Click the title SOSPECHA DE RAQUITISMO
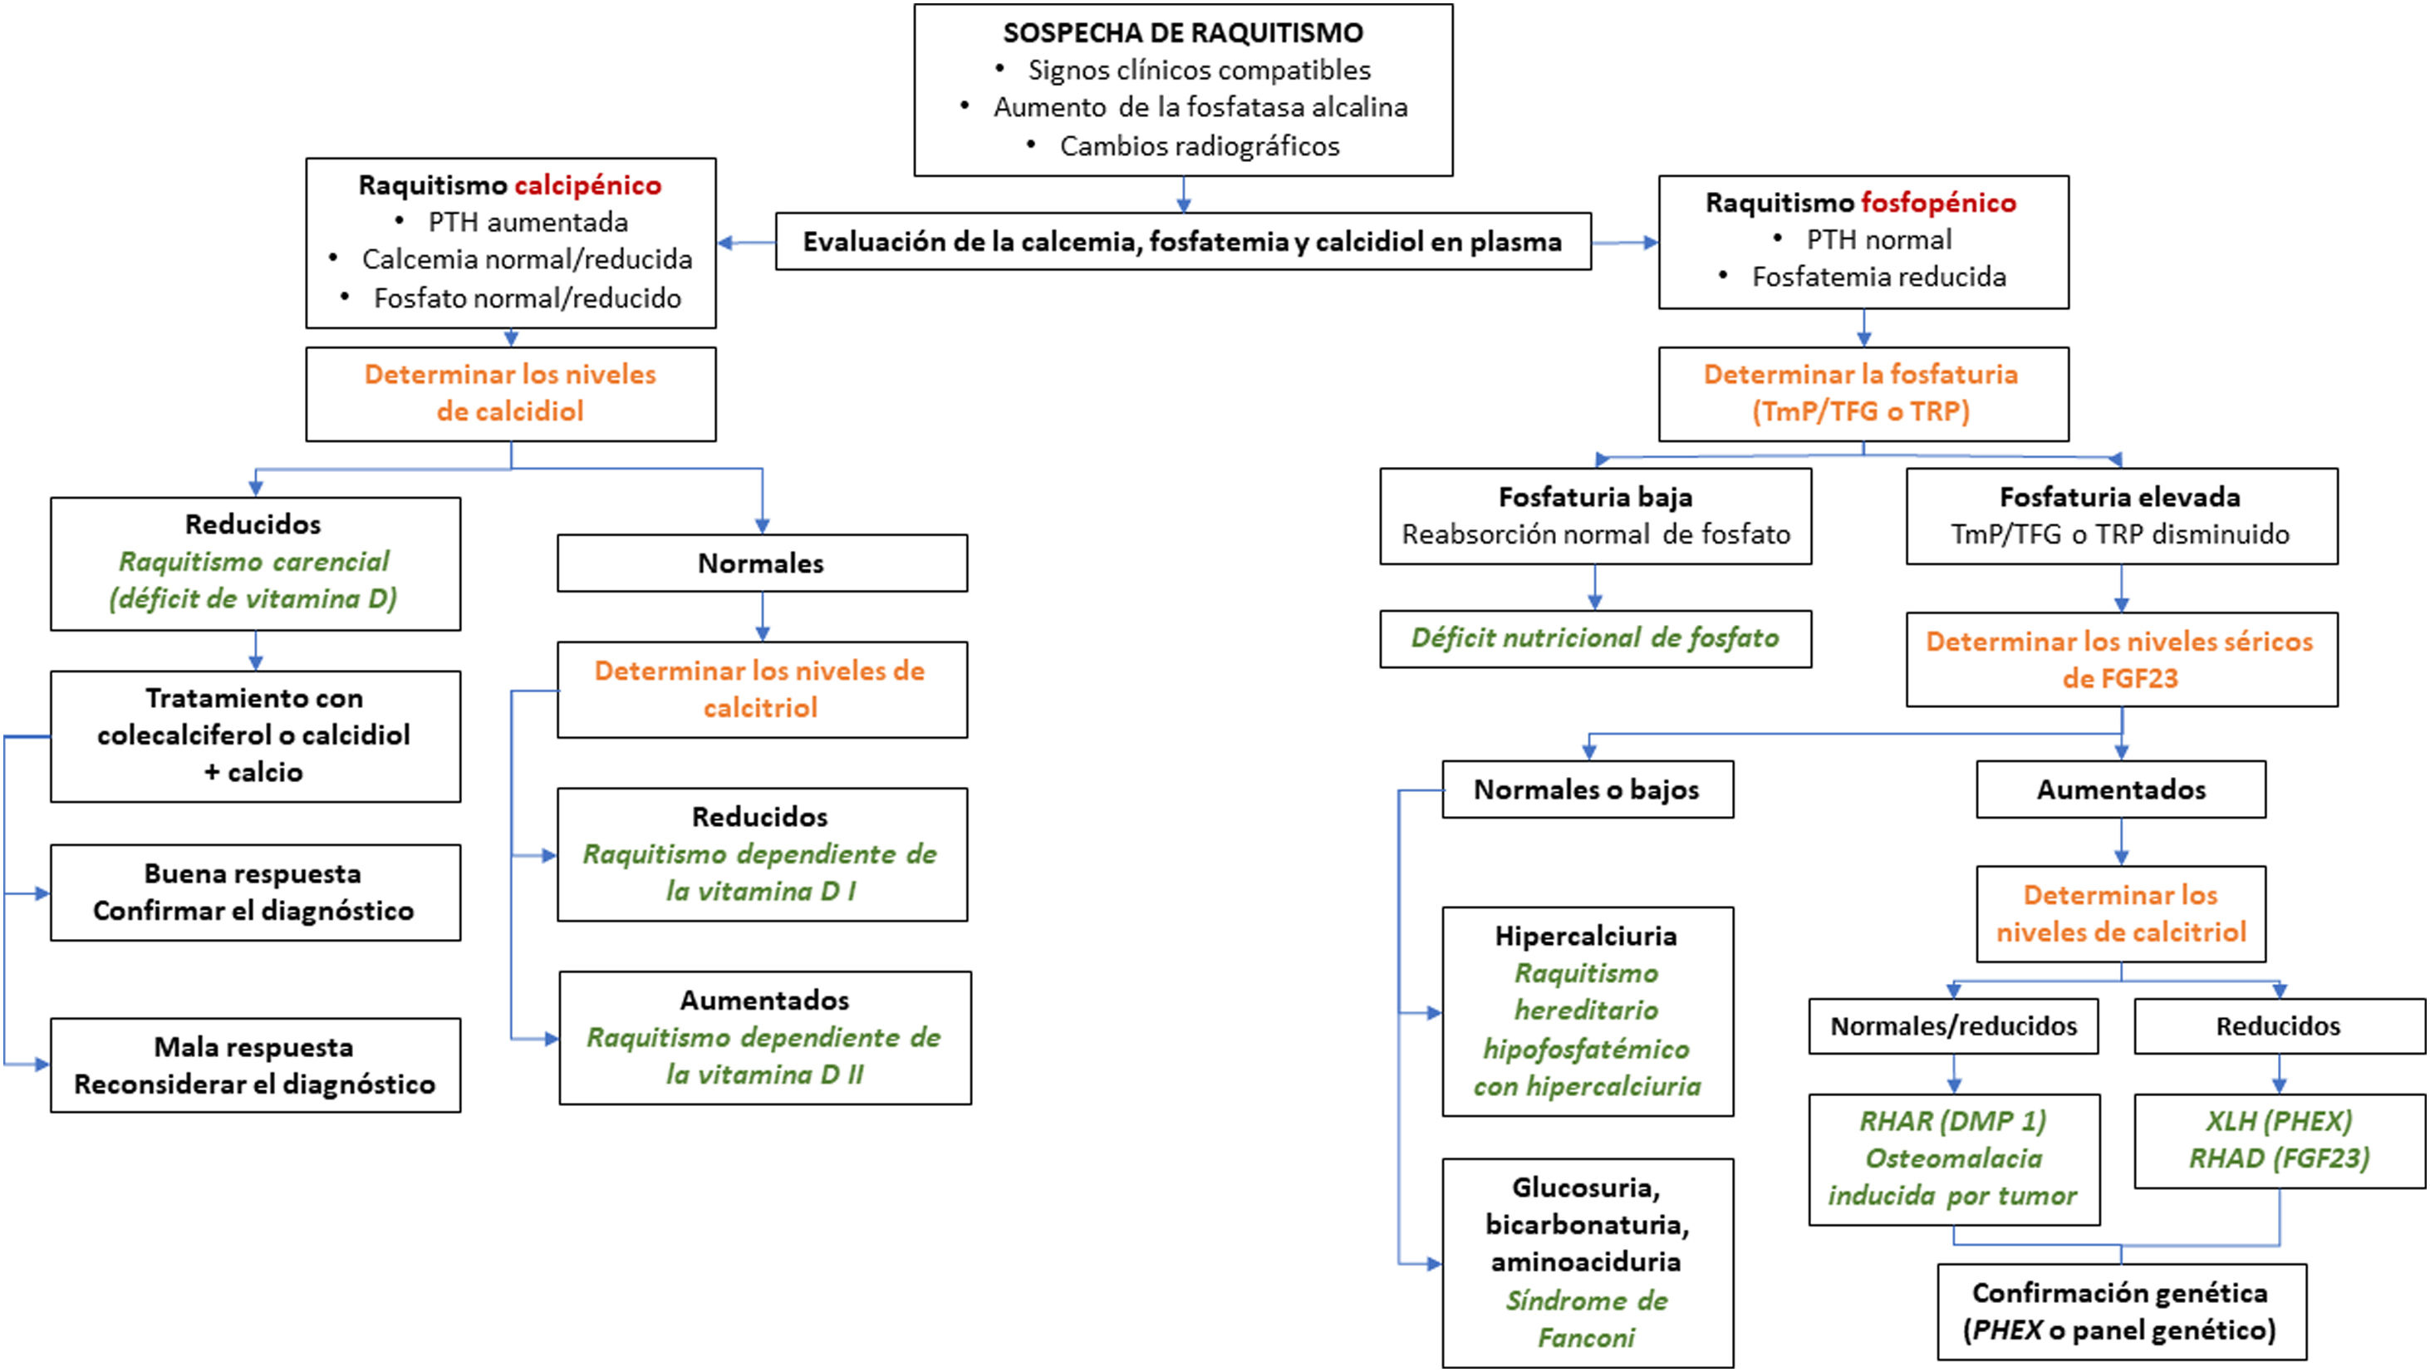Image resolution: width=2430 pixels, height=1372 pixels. [1183, 33]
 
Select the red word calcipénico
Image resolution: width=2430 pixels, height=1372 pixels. [587, 185]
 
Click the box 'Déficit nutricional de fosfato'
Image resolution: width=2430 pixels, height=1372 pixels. [1594, 639]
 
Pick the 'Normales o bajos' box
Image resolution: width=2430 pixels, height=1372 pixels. [1587, 789]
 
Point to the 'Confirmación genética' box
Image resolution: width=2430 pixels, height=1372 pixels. [2121, 1311]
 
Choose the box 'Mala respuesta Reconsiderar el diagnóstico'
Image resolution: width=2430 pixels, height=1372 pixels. [255, 1065]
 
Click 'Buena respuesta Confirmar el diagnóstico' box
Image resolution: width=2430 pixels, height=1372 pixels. [255, 892]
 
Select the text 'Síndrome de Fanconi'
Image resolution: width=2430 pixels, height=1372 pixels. [1587, 1318]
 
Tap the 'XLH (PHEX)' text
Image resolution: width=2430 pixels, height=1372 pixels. [2278, 1121]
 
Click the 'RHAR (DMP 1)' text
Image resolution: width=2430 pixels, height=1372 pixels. [1952, 1121]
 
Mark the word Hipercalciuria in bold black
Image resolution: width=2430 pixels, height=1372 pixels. [1586, 936]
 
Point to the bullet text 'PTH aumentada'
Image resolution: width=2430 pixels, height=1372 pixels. [528, 223]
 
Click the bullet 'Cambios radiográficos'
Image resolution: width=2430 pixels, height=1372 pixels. [1199, 146]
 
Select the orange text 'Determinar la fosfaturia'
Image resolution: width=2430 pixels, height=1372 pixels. [1860, 375]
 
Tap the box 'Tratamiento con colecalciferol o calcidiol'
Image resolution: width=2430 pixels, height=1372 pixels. [255, 736]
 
